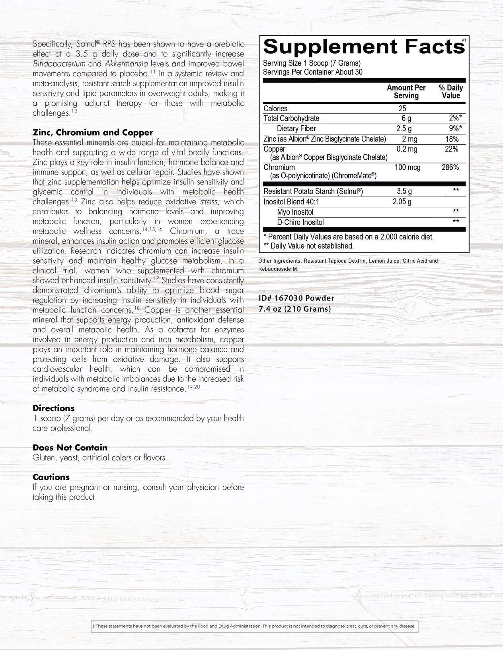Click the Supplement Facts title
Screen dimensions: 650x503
tap(364, 47)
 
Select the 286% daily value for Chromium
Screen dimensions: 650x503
tap(450, 167)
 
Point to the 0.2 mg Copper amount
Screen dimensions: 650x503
tap(407, 149)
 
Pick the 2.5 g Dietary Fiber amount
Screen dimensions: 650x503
tap(404, 128)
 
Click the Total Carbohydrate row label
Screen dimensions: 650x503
tap(291, 118)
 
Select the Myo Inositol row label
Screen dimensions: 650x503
tap(295, 212)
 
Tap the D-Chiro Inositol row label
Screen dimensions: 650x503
tap(300, 222)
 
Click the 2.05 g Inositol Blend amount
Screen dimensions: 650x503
tap(402, 202)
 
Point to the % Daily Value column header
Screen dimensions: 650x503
tap(451, 92)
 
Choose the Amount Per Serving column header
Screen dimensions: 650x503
tap(406, 92)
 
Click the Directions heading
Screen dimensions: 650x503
tap(54, 408)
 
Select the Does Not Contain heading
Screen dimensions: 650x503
tap(70, 448)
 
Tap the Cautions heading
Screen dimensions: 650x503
tap(51, 477)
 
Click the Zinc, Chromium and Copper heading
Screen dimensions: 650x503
tap(93, 133)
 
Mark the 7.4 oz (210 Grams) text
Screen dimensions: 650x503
tap(294, 309)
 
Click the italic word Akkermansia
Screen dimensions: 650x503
tap(127, 64)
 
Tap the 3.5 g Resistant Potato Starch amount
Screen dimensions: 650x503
tap(404, 191)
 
